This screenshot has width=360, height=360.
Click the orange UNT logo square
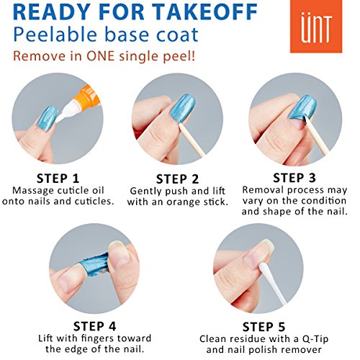[316, 26]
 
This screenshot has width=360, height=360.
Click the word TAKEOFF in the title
[204, 12]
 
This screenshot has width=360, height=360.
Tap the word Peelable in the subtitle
[55, 35]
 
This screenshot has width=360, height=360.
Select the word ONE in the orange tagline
[100, 56]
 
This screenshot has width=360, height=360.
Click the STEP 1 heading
[58, 179]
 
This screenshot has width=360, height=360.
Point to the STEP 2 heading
[177, 179]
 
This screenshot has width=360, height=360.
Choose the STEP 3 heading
[294, 178]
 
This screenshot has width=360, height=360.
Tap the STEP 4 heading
[94, 326]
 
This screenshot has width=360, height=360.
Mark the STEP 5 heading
[264, 327]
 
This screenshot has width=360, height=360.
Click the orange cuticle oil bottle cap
[86, 98]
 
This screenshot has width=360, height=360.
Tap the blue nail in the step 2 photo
[183, 108]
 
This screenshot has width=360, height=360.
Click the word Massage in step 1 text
[33, 191]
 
